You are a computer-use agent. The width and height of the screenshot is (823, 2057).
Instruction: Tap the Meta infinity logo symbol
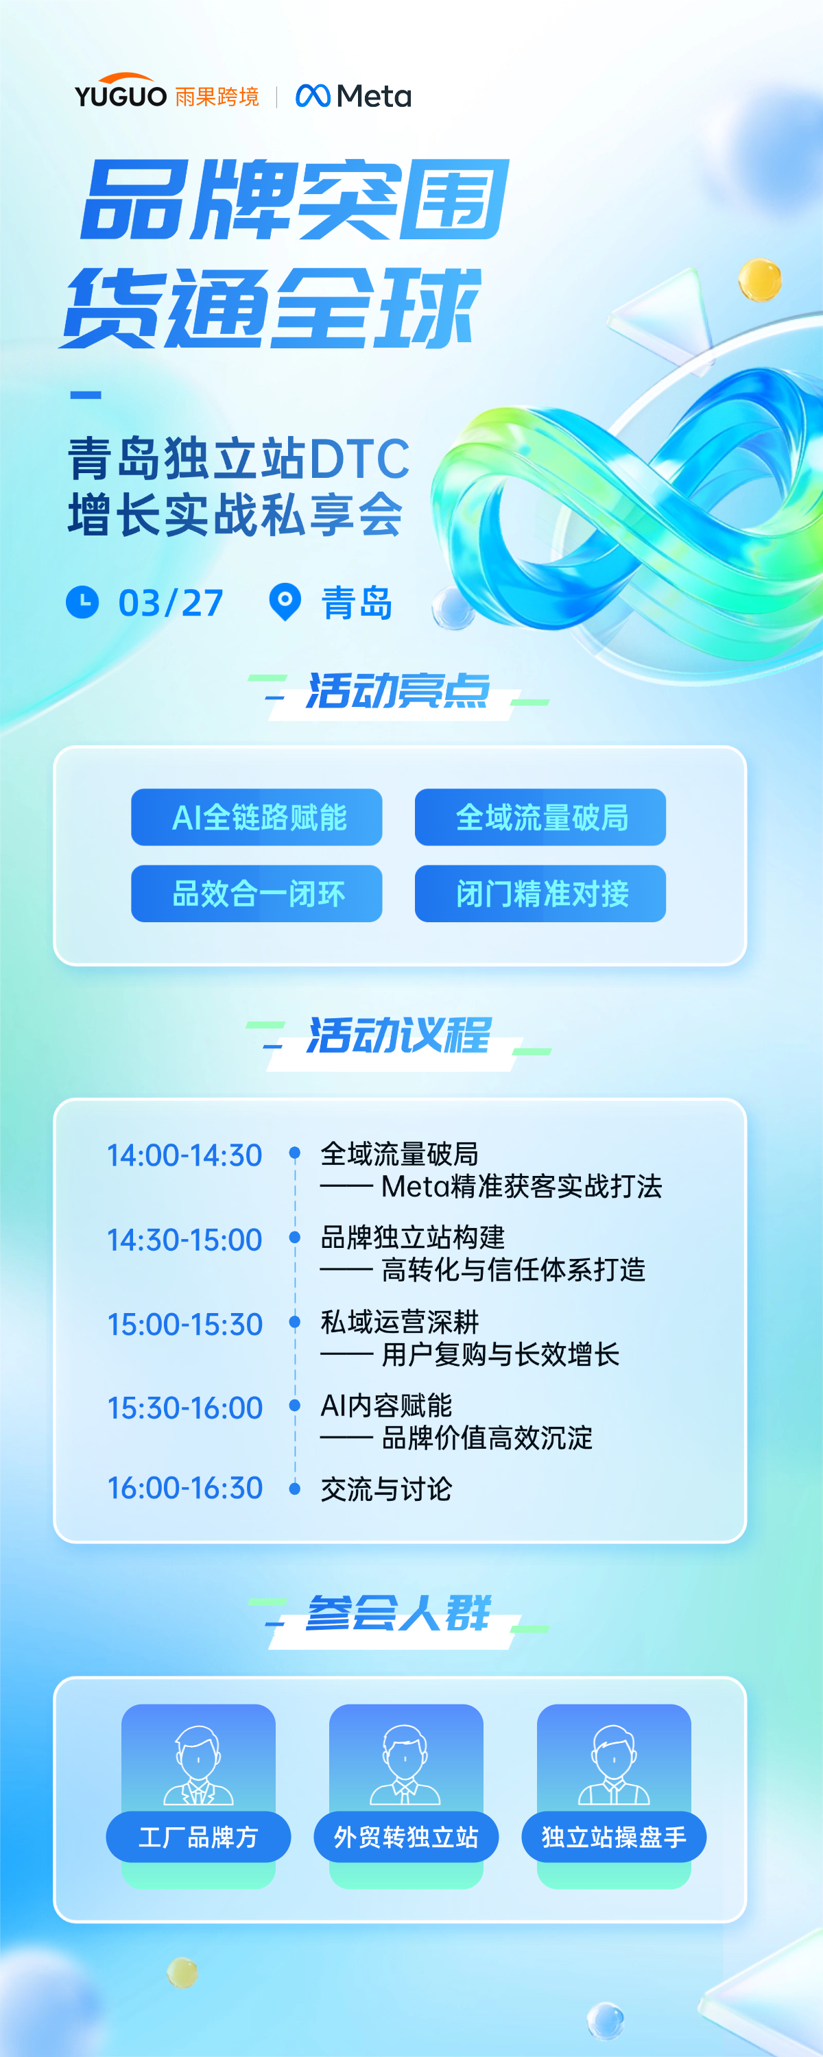click(313, 96)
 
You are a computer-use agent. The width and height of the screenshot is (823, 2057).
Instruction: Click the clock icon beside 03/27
click(82, 602)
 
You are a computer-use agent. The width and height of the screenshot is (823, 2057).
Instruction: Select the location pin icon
click(285, 602)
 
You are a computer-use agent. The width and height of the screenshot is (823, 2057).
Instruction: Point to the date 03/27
click(171, 603)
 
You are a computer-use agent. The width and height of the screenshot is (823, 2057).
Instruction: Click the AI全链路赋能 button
click(257, 817)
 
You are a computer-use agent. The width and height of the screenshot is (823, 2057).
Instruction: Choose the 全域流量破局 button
click(540, 817)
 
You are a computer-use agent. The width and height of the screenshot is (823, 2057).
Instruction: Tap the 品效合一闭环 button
click(257, 893)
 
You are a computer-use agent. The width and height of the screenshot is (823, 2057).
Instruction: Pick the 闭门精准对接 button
click(540, 893)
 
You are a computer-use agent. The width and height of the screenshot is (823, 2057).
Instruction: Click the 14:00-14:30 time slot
click(184, 1155)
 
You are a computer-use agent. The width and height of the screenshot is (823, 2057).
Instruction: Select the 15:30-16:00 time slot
click(184, 1408)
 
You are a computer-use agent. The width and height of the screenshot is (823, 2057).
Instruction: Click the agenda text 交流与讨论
click(386, 1489)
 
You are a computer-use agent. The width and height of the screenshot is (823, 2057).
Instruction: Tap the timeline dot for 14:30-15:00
click(295, 1237)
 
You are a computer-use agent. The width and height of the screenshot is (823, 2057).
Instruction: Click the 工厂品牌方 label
click(198, 1837)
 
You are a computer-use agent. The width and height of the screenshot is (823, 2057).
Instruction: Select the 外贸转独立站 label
click(406, 1837)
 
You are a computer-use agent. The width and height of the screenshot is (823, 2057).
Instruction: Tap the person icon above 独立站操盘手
click(614, 1764)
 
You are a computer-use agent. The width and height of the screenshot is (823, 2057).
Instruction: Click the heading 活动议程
click(398, 1035)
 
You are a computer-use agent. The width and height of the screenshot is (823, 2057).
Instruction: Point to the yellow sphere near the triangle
click(760, 280)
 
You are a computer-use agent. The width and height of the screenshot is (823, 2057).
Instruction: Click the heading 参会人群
click(398, 1613)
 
